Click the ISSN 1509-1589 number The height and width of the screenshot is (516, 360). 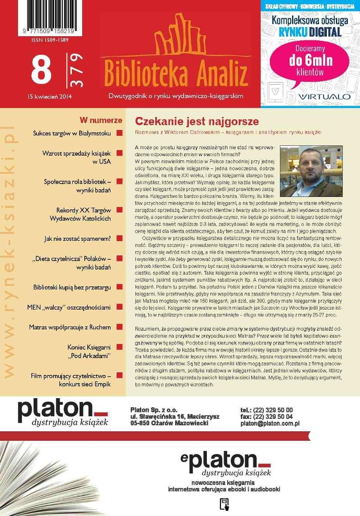pos(49,40)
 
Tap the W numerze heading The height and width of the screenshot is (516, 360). pos(101,120)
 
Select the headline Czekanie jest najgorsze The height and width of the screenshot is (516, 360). pos(197,121)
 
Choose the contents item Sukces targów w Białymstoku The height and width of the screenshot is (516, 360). pos(71,133)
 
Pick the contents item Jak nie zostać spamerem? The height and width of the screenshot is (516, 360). pos(77,238)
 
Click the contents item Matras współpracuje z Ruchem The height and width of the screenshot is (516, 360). pos(70,327)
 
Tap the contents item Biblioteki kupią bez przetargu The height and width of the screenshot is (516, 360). pos(72,287)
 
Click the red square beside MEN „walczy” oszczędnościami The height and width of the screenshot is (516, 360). pos(120,307)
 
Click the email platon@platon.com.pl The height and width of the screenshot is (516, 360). pos(270,424)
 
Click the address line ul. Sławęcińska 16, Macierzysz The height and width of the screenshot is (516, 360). pos(175,417)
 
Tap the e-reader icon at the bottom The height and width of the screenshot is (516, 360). pos(224,504)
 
